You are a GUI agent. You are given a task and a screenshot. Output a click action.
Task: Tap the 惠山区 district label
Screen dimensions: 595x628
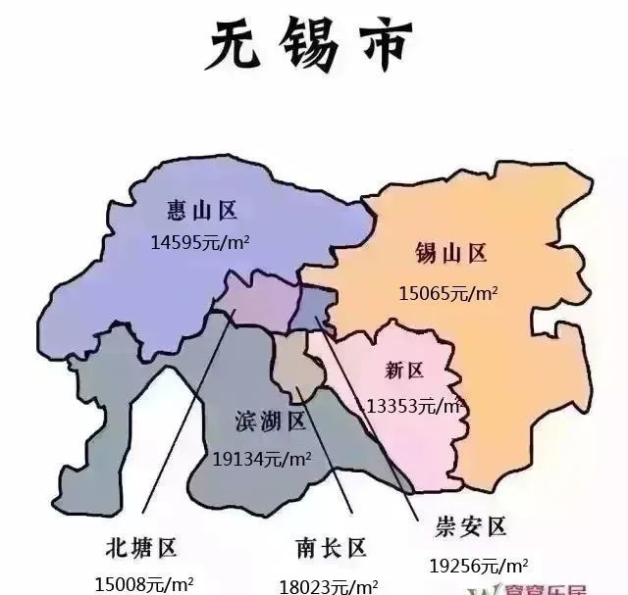click(x=202, y=210)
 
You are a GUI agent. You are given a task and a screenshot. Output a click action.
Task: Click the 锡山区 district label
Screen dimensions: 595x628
click(x=451, y=254)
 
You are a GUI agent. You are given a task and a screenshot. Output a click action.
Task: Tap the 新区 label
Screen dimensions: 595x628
click(x=404, y=371)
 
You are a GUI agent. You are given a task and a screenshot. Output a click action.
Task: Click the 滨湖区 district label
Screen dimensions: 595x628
click(x=271, y=421)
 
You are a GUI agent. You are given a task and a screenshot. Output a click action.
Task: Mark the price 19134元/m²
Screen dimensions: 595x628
click(x=262, y=456)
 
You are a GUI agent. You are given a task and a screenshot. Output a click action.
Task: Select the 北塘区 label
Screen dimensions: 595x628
click(x=140, y=546)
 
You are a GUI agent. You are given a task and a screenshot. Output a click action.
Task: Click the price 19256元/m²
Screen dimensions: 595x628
click(x=479, y=565)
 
